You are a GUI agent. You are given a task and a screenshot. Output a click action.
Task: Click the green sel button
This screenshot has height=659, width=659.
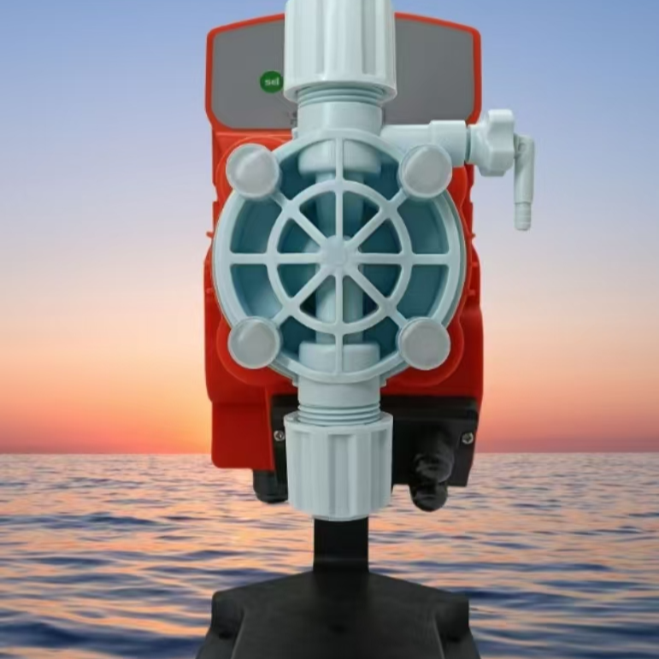pos(271,82)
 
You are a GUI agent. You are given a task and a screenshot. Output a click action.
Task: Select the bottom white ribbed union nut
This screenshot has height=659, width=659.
pos(338,464)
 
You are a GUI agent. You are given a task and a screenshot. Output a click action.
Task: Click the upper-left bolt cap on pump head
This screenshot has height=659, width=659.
pos(253,171)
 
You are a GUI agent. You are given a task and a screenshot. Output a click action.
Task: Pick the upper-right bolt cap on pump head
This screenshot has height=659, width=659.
pos(427,171)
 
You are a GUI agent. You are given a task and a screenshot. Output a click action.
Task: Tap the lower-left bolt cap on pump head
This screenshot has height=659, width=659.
pos(255,344)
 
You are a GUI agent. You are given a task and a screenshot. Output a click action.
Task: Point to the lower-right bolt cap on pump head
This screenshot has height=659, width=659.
pos(425,344)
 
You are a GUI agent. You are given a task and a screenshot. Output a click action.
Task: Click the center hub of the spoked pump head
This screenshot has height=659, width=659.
pos(338,255)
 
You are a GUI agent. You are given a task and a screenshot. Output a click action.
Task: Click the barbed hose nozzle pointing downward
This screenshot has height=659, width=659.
pos(523,210)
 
